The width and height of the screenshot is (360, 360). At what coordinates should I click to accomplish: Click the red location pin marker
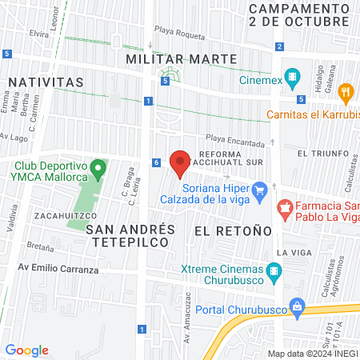[179, 162]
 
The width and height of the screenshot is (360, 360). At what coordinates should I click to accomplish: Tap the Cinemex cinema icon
[294, 79]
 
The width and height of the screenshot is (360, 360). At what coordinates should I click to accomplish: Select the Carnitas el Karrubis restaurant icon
[346, 92]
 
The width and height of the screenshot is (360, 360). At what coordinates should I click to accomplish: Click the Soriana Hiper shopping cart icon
[258, 190]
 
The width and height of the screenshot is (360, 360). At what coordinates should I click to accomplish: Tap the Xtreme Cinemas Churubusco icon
[275, 272]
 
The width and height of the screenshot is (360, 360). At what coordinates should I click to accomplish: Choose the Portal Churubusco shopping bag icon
[297, 306]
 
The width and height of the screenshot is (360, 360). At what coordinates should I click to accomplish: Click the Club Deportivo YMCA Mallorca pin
[98, 169]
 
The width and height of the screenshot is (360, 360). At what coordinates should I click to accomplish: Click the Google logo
[26, 350]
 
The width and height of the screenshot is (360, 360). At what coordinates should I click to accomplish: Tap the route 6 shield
[156, 163]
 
